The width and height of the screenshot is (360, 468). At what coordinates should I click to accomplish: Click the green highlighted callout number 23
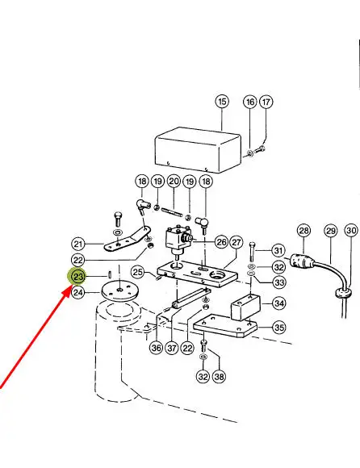click(78, 277)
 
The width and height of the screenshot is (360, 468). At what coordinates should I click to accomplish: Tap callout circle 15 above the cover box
click(222, 102)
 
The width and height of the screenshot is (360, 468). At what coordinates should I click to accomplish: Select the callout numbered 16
click(250, 102)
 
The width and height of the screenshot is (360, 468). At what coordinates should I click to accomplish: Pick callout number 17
click(266, 102)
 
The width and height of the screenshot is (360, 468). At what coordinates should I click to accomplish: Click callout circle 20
click(174, 182)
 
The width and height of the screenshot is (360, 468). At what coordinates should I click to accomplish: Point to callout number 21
click(78, 244)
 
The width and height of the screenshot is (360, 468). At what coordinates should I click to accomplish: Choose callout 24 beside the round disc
click(78, 292)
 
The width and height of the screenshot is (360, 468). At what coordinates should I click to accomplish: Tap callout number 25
click(138, 272)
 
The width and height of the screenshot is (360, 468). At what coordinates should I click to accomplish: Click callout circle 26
click(221, 242)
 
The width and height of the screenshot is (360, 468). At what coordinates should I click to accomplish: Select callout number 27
click(237, 242)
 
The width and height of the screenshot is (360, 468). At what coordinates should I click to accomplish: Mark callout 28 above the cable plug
click(303, 231)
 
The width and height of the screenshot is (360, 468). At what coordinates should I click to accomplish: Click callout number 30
click(351, 231)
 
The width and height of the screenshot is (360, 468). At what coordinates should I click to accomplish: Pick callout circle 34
click(279, 303)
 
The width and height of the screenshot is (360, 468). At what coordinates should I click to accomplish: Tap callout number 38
click(219, 376)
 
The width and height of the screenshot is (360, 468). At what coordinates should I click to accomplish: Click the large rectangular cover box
click(198, 150)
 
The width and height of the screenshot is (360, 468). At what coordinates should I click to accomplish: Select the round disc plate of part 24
click(120, 290)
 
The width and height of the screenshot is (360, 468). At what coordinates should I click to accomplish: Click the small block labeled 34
click(245, 307)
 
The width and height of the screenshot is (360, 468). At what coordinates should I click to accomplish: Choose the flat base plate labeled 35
click(225, 326)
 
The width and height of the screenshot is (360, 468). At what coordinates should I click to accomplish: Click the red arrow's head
click(67, 291)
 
